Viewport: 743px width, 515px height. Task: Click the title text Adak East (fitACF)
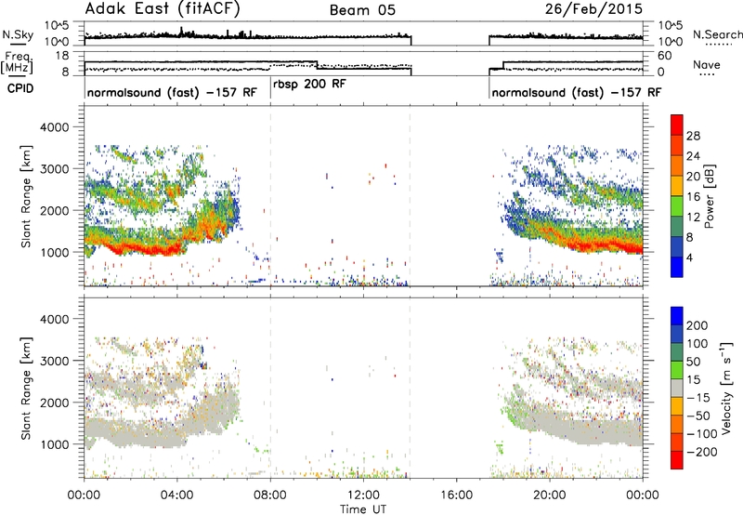[162, 9]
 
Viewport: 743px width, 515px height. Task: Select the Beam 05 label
[362, 10]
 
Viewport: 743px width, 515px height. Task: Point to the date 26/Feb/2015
[593, 9]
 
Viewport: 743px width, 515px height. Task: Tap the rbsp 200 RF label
[309, 84]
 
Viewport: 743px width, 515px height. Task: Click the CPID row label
[20, 88]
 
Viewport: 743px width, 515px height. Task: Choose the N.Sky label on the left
[18, 34]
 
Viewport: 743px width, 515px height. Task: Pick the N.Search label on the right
[717, 34]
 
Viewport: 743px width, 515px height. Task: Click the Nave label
[707, 64]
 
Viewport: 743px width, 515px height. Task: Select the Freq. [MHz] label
[17, 62]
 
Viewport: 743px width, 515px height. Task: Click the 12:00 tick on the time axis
[363, 495]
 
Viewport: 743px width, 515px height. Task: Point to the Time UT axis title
[363, 508]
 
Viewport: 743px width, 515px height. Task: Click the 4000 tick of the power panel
[54, 127]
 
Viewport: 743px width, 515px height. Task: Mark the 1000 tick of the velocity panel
[54, 444]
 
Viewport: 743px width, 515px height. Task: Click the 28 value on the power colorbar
[693, 136]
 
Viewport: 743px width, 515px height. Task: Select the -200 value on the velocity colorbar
[702, 452]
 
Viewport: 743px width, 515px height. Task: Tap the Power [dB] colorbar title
[709, 196]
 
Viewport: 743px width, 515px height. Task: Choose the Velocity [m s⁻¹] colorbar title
[726, 388]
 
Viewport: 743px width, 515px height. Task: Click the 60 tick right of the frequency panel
[665, 56]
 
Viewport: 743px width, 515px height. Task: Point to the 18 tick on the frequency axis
[62, 56]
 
